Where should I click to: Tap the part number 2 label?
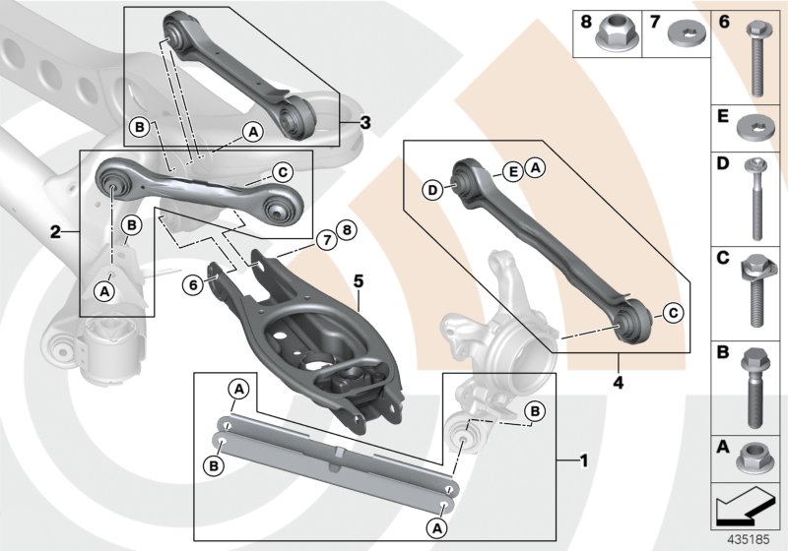tap(57, 232)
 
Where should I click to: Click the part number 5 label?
tap(359, 280)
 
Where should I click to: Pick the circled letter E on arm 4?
tap(513, 171)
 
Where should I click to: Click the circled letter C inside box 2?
tap(281, 173)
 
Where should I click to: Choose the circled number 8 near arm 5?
tap(344, 231)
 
